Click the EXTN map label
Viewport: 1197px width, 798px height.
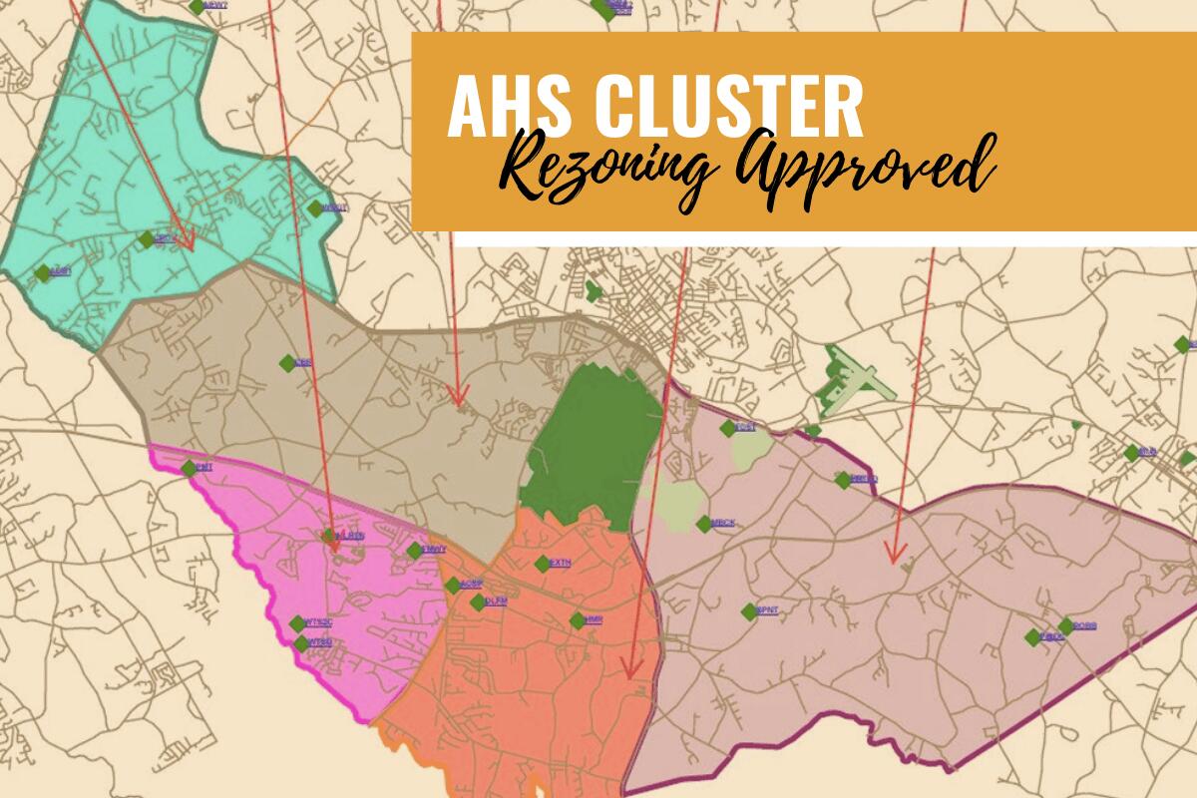tap(560, 564)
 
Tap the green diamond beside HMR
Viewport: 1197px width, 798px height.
tap(577, 620)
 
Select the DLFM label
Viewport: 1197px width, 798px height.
tap(495, 600)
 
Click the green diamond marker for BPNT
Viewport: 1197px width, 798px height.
tap(748, 610)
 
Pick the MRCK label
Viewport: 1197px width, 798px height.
tap(723, 523)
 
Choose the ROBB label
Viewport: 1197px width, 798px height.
tap(1084, 626)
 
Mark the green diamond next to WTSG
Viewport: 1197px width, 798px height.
tap(301, 643)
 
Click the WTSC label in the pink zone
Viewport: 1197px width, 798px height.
tap(318, 623)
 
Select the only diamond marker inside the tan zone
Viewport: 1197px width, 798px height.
tap(287, 363)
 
